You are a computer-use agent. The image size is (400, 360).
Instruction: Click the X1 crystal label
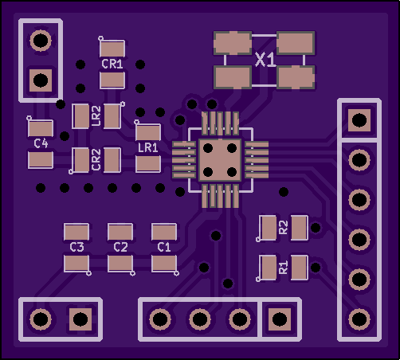pyautogui.click(x=265, y=60)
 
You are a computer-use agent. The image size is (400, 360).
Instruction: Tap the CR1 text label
pyautogui.click(x=112, y=64)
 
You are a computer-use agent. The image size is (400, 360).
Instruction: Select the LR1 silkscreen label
pyautogui.click(x=148, y=147)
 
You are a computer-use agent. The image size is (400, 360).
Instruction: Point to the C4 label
pyautogui.click(x=41, y=143)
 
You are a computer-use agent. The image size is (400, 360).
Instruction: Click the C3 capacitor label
pyautogui.click(x=76, y=247)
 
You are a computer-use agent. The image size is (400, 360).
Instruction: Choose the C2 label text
pyautogui.click(x=120, y=247)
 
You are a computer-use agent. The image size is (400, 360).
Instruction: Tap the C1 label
pyautogui.click(x=164, y=247)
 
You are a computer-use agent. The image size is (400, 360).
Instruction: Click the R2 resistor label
pyautogui.click(x=284, y=227)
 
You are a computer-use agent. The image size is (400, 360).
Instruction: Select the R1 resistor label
pyautogui.click(x=284, y=267)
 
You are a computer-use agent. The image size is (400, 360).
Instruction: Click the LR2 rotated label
pyautogui.click(x=96, y=115)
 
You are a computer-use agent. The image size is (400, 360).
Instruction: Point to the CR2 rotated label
pyautogui.click(x=96, y=159)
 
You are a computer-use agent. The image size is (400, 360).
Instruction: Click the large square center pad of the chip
pyautogui.click(x=220, y=160)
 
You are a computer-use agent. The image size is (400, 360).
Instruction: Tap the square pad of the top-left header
pyautogui.click(x=41, y=80)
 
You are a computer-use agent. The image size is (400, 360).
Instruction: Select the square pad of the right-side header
pyautogui.click(x=359, y=120)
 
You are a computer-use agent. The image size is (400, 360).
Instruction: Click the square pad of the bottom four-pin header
pyautogui.click(x=280, y=319)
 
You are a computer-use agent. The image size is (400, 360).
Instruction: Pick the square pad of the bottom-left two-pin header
pyautogui.click(x=80, y=319)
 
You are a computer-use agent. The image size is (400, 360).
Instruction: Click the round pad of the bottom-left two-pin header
pyautogui.click(x=41, y=319)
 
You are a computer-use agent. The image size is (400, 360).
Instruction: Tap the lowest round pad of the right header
pyautogui.click(x=359, y=319)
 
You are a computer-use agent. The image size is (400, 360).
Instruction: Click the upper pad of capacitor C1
pyautogui.click(x=164, y=232)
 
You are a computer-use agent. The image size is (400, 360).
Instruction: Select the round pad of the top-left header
pyautogui.click(x=41, y=41)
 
